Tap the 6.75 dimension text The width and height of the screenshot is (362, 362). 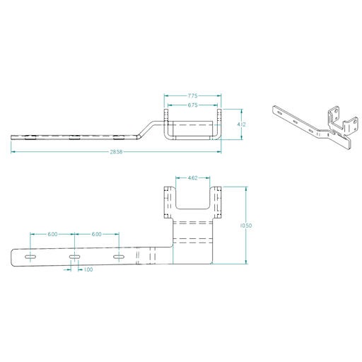(x=192, y=105)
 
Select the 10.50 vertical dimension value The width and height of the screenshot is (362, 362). (x=245, y=226)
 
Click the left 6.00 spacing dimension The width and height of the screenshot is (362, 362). (x=52, y=234)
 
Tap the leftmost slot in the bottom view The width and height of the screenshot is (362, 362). (x=30, y=257)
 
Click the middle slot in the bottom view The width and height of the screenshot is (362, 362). (x=74, y=257)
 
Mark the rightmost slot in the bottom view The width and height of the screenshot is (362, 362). (x=119, y=256)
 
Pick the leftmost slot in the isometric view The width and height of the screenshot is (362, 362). (x=280, y=113)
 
